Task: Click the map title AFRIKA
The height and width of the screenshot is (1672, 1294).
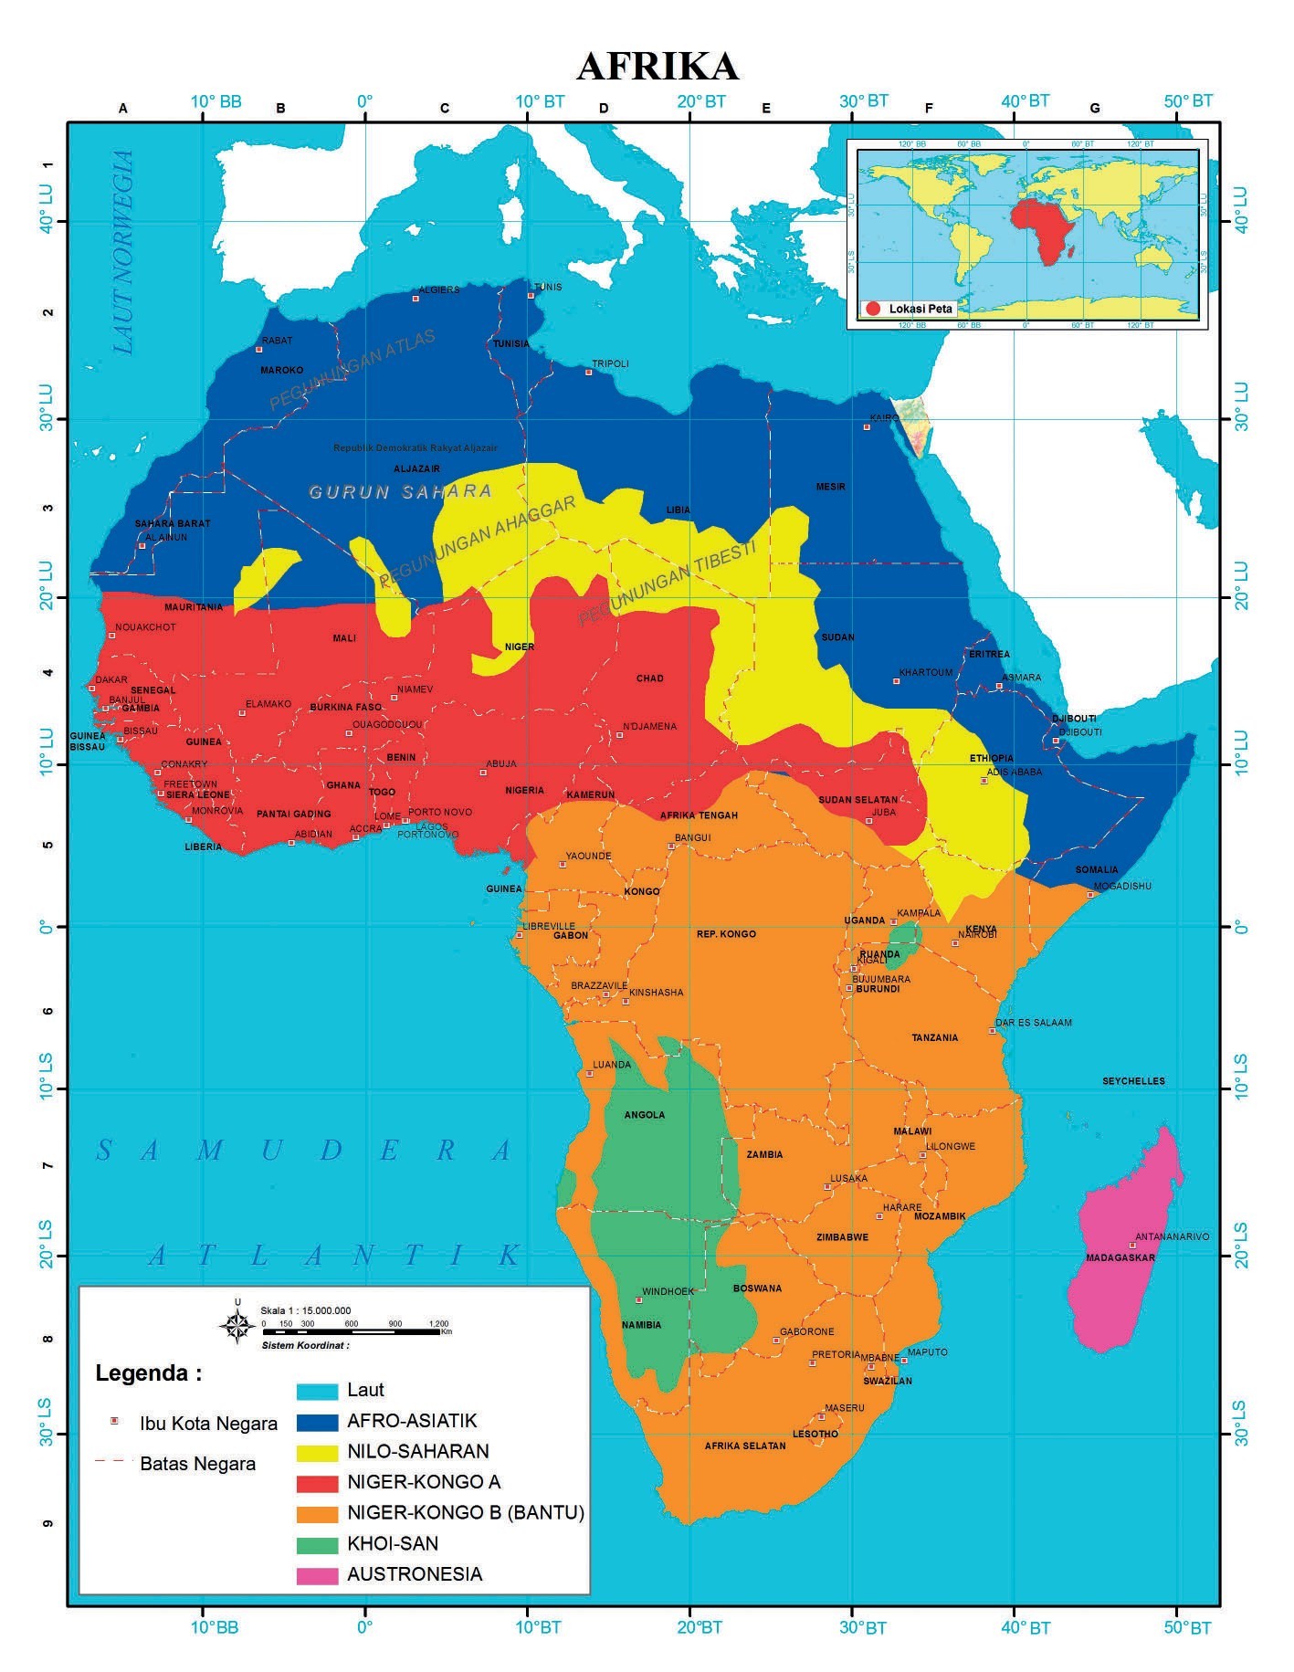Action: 657,66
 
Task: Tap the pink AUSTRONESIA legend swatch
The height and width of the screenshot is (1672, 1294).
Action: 316,1573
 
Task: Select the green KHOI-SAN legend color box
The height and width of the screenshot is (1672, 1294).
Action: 316,1543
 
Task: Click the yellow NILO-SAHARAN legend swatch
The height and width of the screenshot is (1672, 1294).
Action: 316,1451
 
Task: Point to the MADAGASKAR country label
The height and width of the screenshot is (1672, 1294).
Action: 1120,1257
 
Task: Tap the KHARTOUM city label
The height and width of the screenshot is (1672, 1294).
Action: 925,672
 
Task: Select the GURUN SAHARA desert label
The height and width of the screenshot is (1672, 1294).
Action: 400,491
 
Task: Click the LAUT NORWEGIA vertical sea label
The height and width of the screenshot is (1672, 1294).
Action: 123,252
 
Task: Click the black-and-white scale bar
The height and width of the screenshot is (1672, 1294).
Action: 351,1332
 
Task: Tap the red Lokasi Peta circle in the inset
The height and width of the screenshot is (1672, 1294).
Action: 872,309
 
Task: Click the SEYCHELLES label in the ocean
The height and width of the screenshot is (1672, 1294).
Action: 1133,1081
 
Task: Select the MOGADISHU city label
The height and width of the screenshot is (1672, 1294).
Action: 1122,886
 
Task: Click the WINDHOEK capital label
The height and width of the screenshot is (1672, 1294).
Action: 668,1291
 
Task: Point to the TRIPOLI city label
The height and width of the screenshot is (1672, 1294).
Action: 610,363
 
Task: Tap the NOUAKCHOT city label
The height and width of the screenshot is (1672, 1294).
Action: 145,627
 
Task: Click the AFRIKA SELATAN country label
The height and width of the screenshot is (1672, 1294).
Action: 744,1446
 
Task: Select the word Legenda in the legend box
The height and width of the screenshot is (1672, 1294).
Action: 148,1373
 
